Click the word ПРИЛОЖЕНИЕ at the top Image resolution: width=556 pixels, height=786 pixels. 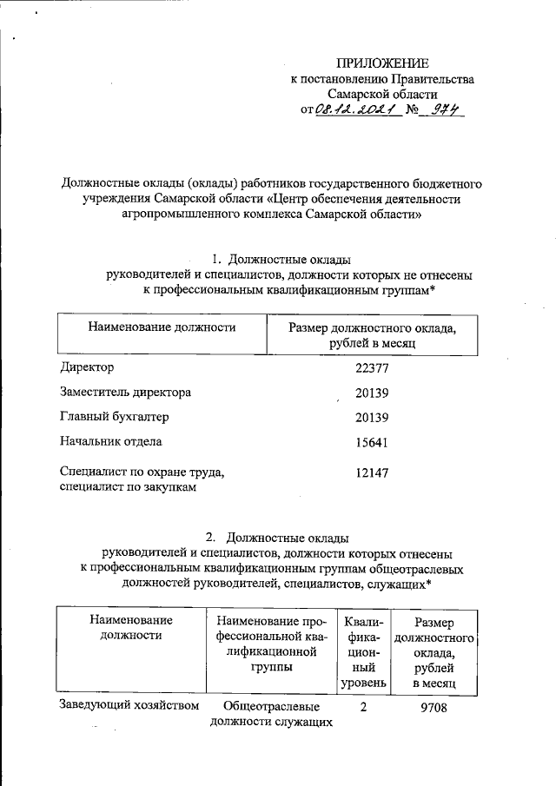(x=383, y=63)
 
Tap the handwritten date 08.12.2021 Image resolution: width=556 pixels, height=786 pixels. (x=350, y=111)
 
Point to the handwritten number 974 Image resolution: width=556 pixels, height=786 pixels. (x=440, y=110)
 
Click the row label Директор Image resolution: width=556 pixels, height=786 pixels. (x=87, y=367)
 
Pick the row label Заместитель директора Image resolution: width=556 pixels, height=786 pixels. (x=125, y=392)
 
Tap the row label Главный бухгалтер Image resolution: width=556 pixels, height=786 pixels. (x=114, y=417)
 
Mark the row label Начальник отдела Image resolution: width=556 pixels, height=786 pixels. (x=110, y=441)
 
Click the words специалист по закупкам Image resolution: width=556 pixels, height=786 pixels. (x=128, y=487)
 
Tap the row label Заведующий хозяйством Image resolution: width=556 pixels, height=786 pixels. (x=129, y=705)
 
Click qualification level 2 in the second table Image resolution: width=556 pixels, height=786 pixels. (x=362, y=707)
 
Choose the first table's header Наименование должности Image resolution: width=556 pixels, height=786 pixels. (x=162, y=327)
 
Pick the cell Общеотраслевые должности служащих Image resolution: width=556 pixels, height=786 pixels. (x=272, y=715)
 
